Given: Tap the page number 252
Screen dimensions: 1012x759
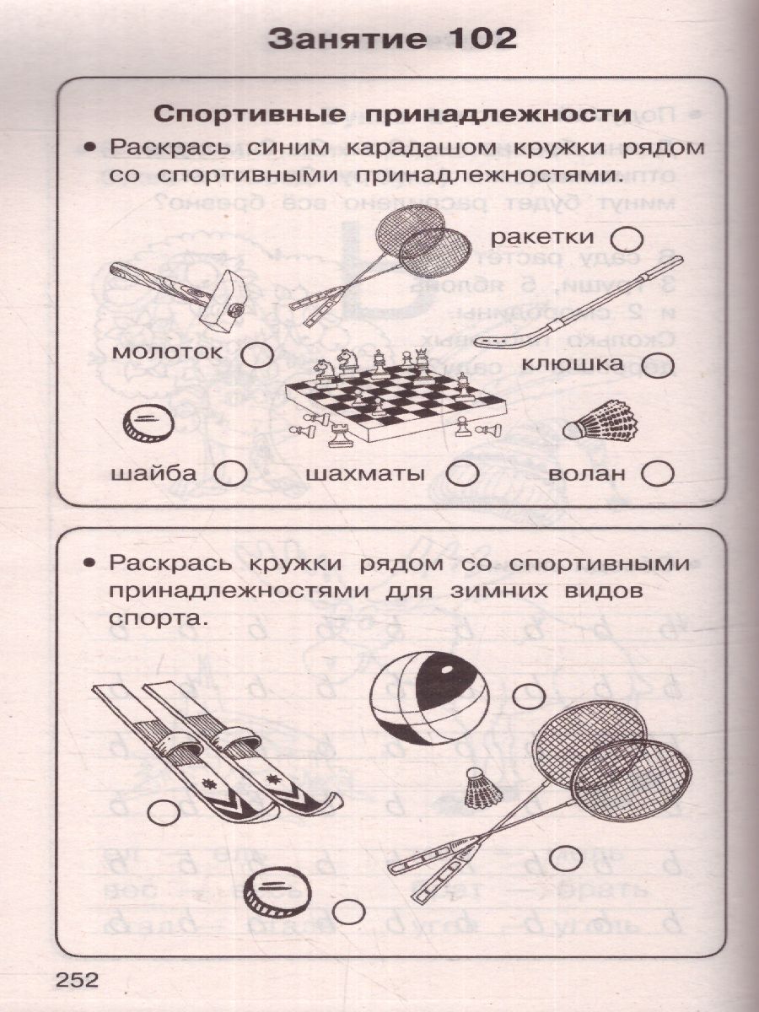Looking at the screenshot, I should click(x=77, y=980).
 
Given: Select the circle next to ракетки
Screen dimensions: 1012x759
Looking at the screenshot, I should click(x=630, y=237).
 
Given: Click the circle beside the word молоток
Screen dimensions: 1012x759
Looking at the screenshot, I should click(x=257, y=355).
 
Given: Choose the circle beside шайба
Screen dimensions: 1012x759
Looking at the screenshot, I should click(x=230, y=474).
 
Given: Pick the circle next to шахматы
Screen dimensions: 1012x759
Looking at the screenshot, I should click(x=460, y=474).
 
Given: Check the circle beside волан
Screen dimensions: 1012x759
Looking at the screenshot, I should click(x=658, y=474).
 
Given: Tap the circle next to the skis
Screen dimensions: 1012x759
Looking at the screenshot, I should click(x=164, y=814).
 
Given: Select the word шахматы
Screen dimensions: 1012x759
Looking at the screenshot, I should click(x=364, y=474).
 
